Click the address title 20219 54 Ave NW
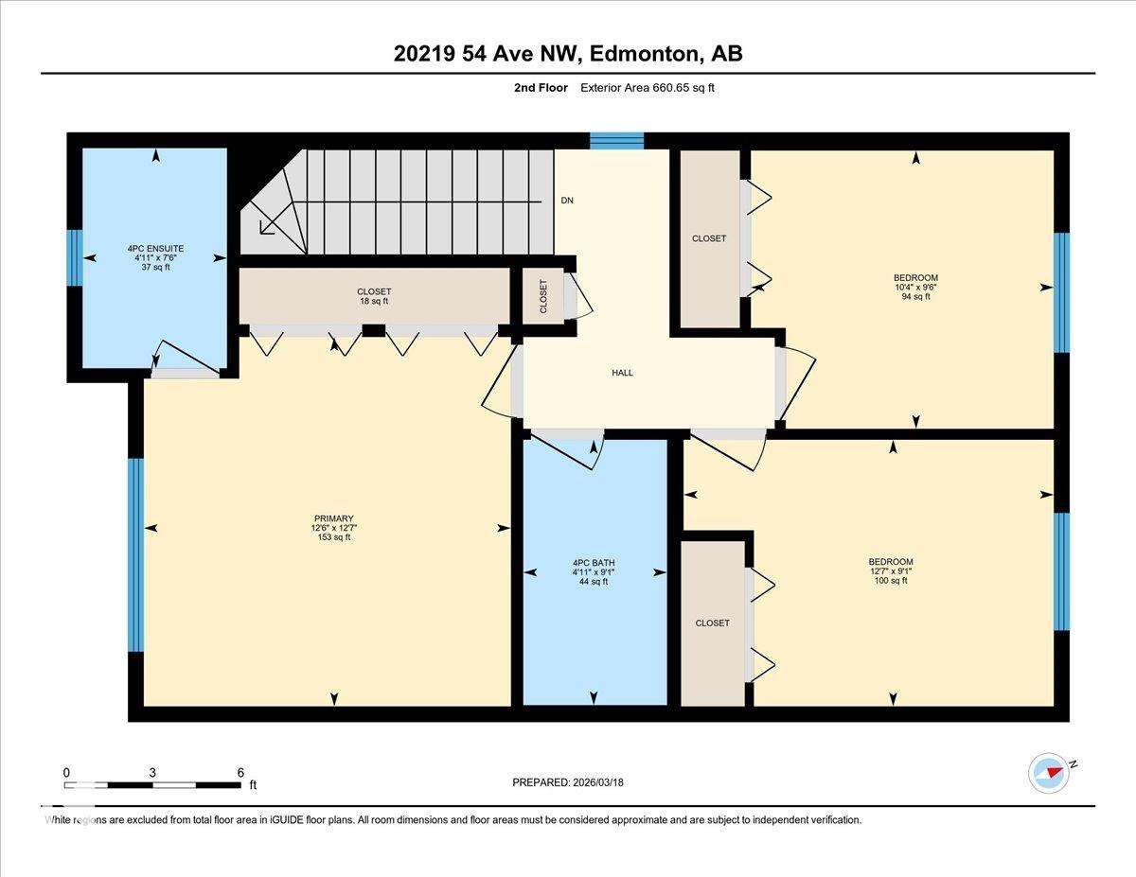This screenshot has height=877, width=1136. pyautogui.click(x=568, y=54)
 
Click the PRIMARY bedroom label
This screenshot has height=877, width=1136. pyautogui.click(x=333, y=518)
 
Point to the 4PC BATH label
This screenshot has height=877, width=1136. pyautogui.click(x=594, y=563)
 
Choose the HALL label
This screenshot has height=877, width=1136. pyautogui.click(x=622, y=373)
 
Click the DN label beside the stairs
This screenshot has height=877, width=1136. pyautogui.click(x=567, y=201)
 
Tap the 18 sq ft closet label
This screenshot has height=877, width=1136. pyautogui.click(x=373, y=301)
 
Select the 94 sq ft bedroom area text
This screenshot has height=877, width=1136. pyautogui.click(x=914, y=297)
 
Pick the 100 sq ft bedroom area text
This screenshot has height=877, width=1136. pyautogui.click(x=891, y=581)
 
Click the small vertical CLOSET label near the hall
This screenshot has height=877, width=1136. pyautogui.click(x=543, y=296)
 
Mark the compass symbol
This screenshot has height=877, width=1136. pyautogui.click(x=1049, y=772)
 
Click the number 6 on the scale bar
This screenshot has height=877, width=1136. pyautogui.click(x=240, y=772)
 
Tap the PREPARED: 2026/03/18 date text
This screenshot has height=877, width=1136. pyautogui.click(x=568, y=782)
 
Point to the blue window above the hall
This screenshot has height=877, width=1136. pyautogui.click(x=616, y=141)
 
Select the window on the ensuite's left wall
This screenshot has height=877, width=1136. pyautogui.click(x=74, y=257)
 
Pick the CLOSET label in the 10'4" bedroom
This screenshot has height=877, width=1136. pyautogui.click(x=709, y=238)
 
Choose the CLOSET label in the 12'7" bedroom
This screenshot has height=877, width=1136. pyautogui.click(x=712, y=623)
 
